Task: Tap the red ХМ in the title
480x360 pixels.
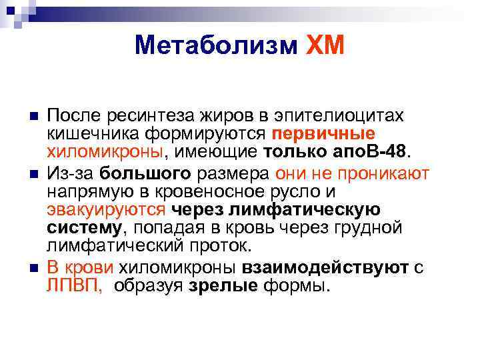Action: coord(324,45)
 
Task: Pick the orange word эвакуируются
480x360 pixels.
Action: coord(105,210)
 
